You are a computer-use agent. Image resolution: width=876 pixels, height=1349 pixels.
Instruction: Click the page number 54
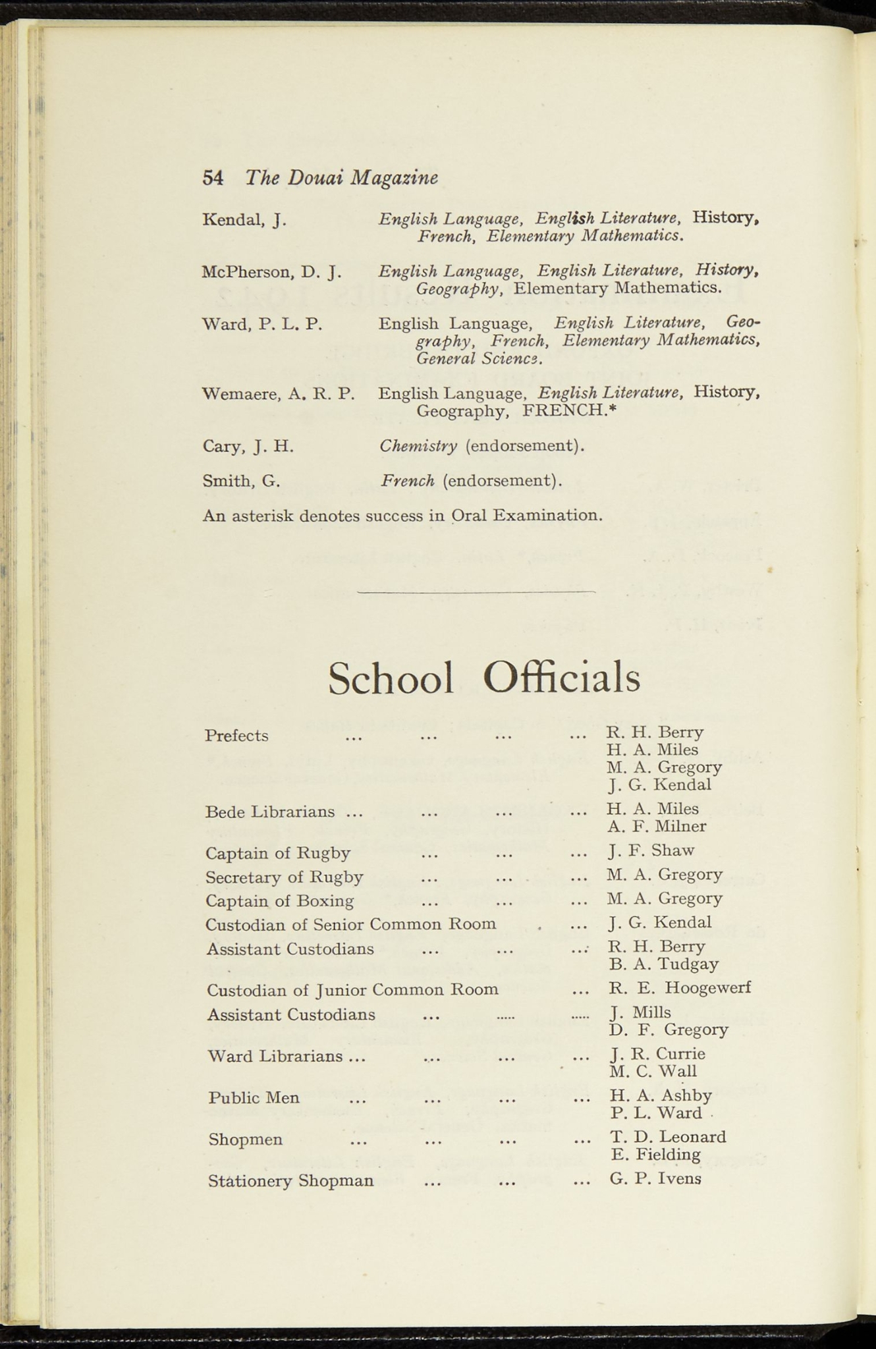[213, 178]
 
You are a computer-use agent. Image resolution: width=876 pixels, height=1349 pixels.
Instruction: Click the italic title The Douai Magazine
[341, 178]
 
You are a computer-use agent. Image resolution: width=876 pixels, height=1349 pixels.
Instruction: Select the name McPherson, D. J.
[271, 271]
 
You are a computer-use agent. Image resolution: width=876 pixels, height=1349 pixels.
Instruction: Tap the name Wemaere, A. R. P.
[278, 394]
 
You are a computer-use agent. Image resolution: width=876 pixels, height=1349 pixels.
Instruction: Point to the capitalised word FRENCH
[568, 411]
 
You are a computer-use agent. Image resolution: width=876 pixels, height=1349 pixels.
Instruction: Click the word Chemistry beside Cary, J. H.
[418, 446]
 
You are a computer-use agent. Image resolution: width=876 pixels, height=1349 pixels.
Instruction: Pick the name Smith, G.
[241, 481]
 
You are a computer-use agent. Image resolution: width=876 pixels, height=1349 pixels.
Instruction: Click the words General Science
[479, 359]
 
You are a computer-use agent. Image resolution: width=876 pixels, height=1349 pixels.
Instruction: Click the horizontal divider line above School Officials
[476, 592]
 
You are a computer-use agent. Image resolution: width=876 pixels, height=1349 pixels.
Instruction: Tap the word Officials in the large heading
[561, 678]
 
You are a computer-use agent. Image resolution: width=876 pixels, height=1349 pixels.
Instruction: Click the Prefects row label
[236, 736]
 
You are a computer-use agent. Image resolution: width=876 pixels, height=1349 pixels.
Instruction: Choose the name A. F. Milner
[656, 827]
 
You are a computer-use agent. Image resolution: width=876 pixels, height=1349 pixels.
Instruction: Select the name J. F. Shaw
[651, 850]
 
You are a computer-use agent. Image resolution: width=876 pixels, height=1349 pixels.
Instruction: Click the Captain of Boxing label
[279, 900]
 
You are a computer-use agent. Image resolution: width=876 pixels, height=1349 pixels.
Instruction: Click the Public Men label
[254, 1098]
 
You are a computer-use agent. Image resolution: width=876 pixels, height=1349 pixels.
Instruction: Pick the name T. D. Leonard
[668, 1137]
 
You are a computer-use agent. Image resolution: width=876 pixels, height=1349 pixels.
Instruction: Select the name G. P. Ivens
[655, 1178]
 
